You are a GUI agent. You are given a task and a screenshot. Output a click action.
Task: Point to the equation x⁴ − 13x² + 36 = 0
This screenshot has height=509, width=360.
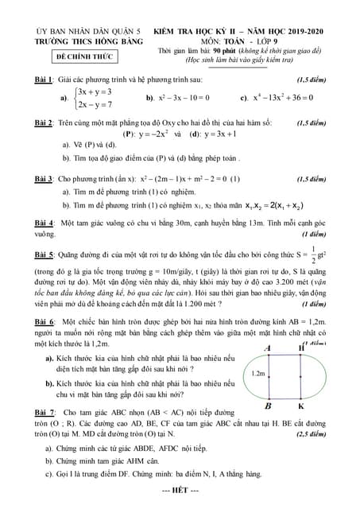[254, 98]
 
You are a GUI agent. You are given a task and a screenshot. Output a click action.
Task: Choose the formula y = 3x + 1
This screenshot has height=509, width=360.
[237, 134]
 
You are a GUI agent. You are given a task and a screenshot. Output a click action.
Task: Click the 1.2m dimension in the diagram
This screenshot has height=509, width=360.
[257, 372]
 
